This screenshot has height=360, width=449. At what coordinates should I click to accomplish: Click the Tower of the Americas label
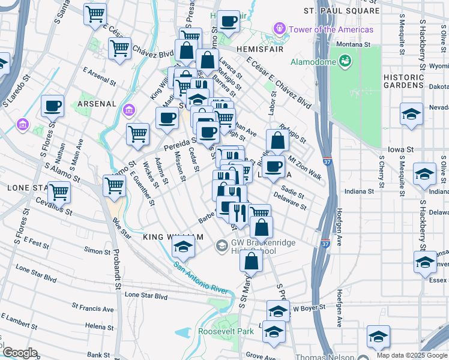pyautogui.click(x=331, y=29)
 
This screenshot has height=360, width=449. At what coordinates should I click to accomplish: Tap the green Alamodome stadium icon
pyautogui.click(x=344, y=61)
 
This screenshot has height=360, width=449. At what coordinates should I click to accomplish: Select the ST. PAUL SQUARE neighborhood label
pyautogui.click(x=342, y=11)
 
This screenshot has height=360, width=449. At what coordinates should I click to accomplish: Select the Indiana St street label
pyautogui.click(x=360, y=191)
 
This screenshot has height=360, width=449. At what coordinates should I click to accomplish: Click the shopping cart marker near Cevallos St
pyautogui.click(x=59, y=193)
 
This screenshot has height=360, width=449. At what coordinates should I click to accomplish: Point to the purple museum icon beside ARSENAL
pyautogui.click(x=128, y=110)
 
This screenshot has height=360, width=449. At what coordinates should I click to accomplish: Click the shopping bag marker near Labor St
pyautogui.click(x=277, y=141)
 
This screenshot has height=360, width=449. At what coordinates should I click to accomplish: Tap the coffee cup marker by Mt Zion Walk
pyautogui.click(x=273, y=166)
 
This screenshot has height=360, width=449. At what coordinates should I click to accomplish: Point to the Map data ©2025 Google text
pyautogui.click(x=412, y=355)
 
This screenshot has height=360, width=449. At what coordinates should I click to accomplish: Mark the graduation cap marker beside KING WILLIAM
pyautogui.click(x=184, y=246)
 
